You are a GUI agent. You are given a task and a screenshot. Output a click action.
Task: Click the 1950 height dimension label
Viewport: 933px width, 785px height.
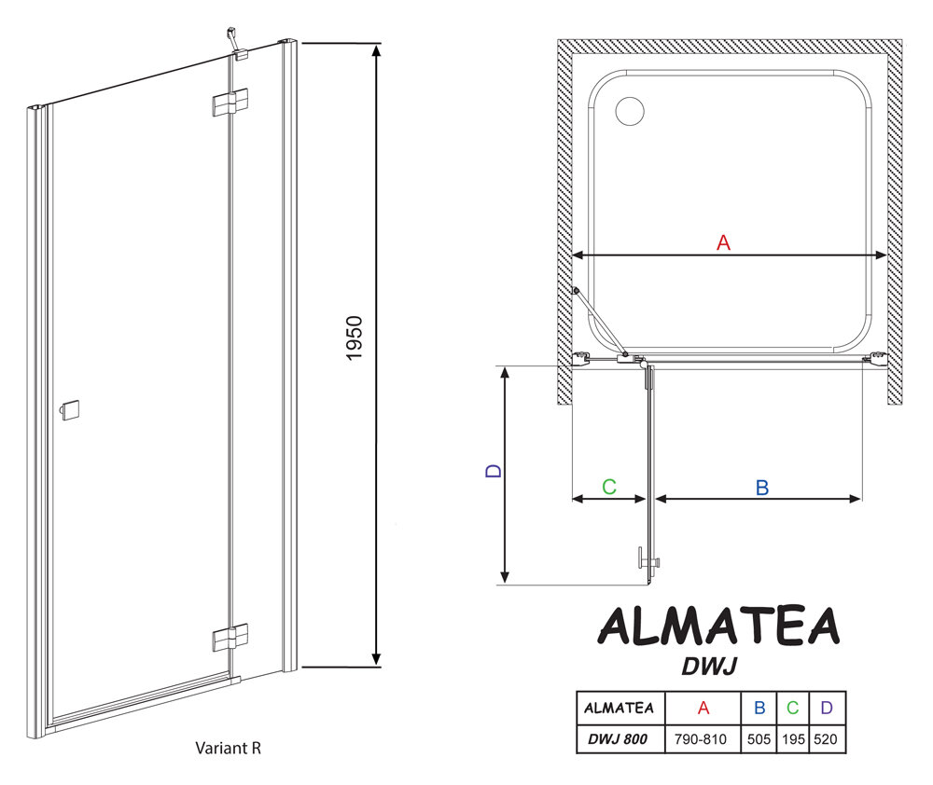click(x=354, y=337)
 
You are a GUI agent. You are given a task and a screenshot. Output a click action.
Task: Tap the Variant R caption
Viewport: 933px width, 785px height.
click(x=228, y=748)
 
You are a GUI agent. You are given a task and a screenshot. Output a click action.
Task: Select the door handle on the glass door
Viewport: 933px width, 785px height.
click(x=70, y=410)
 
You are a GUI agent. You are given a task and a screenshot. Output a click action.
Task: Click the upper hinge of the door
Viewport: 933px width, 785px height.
click(x=230, y=103)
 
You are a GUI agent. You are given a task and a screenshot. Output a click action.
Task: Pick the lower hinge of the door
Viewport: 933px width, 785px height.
click(x=230, y=638)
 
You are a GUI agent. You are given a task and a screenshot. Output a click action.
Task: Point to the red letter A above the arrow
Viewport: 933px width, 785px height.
click(x=723, y=242)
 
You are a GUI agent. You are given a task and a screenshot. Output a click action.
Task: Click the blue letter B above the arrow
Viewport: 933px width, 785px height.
click(x=762, y=488)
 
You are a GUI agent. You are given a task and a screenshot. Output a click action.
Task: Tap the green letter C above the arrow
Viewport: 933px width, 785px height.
click(x=608, y=487)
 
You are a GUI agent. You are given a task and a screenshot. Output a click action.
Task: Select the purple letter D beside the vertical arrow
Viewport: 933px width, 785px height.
click(x=494, y=471)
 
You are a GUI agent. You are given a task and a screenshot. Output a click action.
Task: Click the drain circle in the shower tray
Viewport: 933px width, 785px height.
click(x=630, y=111)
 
